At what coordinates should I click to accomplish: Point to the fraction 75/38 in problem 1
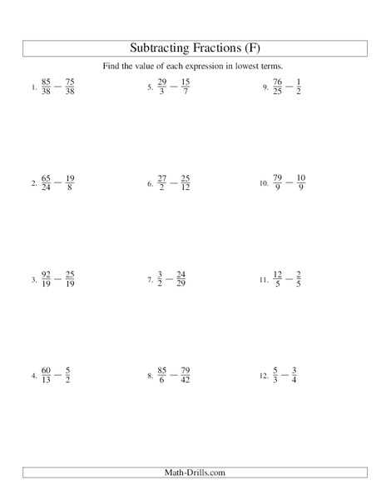[x=71, y=86]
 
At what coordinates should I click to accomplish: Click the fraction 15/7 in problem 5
[x=186, y=86]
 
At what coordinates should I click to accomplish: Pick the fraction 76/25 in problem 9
[x=276, y=86]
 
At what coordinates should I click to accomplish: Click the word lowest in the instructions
[x=245, y=67]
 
